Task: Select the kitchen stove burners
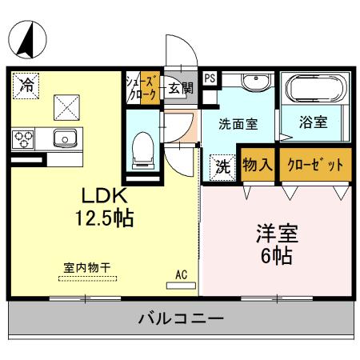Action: [x=23, y=138]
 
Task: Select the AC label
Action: [x=182, y=275]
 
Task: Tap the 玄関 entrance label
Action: [x=180, y=87]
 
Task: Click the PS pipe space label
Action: [x=209, y=78]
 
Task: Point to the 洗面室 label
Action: [x=239, y=124]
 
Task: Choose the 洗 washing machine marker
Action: [x=222, y=168]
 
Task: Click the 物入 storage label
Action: [x=259, y=165]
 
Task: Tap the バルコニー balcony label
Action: [x=180, y=318]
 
